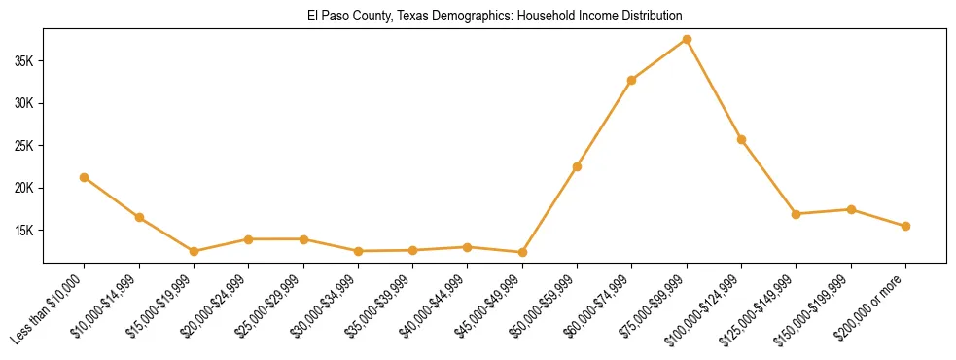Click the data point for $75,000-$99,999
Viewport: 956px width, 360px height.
click(687, 40)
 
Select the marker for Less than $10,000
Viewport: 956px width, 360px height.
click(85, 177)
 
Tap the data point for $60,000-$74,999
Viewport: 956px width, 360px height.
click(632, 80)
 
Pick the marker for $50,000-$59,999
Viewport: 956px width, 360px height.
click(577, 166)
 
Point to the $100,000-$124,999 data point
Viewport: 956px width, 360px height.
click(741, 140)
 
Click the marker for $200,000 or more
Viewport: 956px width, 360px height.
click(905, 226)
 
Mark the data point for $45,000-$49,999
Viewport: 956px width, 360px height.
click(522, 252)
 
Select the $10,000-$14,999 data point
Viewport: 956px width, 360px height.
click(139, 217)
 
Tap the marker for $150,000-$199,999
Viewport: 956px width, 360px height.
click(851, 209)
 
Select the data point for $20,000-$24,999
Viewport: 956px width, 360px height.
click(249, 239)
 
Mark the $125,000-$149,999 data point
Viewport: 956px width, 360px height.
click(797, 214)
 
